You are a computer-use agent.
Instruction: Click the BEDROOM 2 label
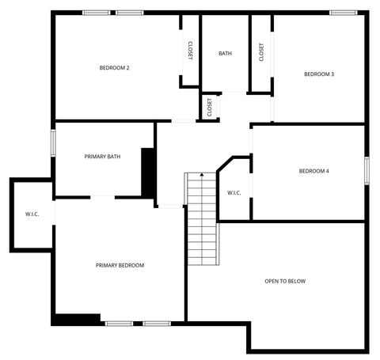[x=114, y=68]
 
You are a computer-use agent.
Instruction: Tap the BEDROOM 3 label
[x=319, y=74]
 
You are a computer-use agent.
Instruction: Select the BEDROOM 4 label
[x=313, y=171]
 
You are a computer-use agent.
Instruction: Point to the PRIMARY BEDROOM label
[x=120, y=265]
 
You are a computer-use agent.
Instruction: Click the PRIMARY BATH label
[x=102, y=157]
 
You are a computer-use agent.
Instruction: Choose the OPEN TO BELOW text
[x=285, y=281]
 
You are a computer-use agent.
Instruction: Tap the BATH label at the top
[x=225, y=54]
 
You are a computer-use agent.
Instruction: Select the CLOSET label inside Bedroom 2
[x=191, y=51]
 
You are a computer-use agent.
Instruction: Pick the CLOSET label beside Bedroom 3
[x=261, y=51]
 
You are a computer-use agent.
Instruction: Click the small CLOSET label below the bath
[x=210, y=107]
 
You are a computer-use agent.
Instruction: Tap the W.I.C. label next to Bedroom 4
[x=234, y=192]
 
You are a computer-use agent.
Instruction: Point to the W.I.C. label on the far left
[x=32, y=214]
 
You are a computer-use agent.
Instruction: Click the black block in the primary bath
[x=147, y=171]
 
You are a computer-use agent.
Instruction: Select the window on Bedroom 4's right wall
[x=367, y=171]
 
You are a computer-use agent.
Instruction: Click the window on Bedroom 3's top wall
[x=342, y=12]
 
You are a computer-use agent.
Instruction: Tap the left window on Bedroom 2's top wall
[x=97, y=12]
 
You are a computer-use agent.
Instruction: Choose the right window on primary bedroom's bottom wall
[x=157, y=323]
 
